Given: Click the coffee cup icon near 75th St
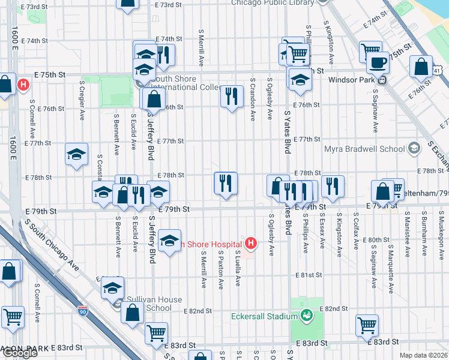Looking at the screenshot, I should point(378,62).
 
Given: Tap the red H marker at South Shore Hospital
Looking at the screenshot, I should point(251,244).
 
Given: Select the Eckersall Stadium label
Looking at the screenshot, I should point(265,316).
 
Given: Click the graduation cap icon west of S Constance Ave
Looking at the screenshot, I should point(77,155).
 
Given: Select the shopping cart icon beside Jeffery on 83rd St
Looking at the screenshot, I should point(156,332).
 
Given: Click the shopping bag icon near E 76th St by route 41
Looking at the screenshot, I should point(421,67).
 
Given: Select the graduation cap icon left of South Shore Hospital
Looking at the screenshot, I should point(170,241).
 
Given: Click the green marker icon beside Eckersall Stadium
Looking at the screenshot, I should point(306,316).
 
